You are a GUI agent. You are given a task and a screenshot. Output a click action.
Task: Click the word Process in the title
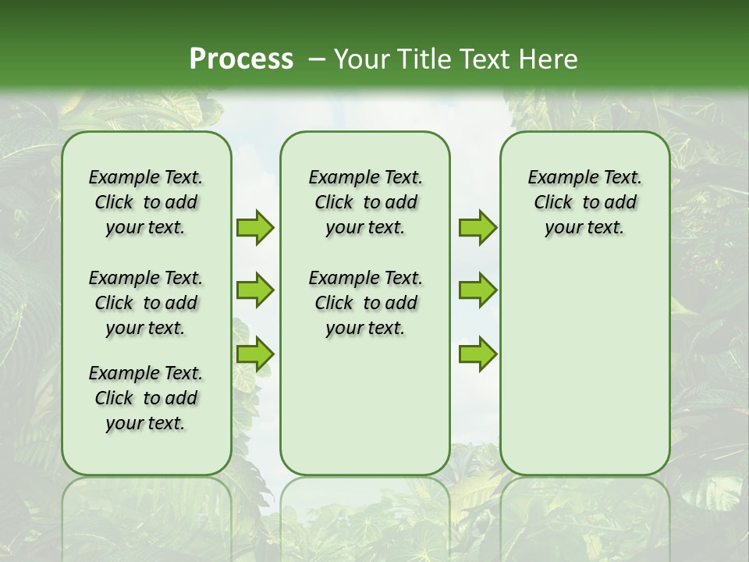coord(241,59)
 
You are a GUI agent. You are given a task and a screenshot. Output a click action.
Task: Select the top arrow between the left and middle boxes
coord(254,227)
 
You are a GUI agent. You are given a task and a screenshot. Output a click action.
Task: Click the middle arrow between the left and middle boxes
coord(254,290)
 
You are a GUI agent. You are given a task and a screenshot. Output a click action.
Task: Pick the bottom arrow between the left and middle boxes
coord(254,354)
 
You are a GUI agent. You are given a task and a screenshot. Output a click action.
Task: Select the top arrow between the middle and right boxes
coord(477,227)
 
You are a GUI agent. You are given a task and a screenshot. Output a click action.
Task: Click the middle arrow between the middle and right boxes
coord(477,290)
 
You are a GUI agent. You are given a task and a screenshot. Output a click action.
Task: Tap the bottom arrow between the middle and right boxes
coord(477,354)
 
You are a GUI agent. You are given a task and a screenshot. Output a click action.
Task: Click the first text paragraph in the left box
coord(146,202)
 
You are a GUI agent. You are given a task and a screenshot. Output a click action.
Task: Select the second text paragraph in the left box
coord(146,303)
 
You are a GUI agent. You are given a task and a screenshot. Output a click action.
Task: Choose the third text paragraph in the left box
coord(146,398)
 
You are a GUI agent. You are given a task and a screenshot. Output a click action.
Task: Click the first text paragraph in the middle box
coord(365,202)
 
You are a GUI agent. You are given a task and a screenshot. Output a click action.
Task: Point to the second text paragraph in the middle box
coord(365,303)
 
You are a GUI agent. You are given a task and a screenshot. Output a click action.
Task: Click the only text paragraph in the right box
coord(585,202)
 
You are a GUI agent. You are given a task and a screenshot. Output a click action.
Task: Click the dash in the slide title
coord(317,60)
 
